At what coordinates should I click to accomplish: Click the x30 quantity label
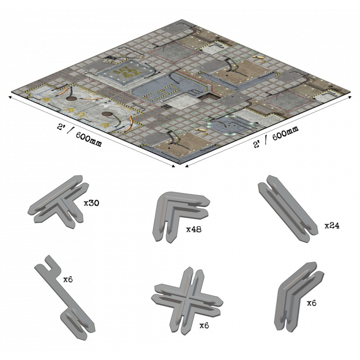[x=91, y=203]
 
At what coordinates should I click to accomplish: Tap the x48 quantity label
[x=194, y=229]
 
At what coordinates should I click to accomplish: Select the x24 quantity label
[x=332, y=226]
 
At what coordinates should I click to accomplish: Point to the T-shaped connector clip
[x=58, y=202]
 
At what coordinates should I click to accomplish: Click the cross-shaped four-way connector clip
[x=187, y=301]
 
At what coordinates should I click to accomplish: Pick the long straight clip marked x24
[x=288, y=208]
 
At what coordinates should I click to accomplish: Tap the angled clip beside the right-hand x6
[x=298, y=297]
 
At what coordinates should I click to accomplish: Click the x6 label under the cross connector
[x=204, y=325]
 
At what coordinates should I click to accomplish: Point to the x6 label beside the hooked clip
[x=68, y=279]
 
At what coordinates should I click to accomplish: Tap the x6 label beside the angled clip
[x=311, y=303]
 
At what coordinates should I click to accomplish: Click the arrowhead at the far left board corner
[x=10, y=97]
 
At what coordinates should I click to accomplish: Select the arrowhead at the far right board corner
[x=350, y=97]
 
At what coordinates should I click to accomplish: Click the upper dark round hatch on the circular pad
[x=72, y=99]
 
